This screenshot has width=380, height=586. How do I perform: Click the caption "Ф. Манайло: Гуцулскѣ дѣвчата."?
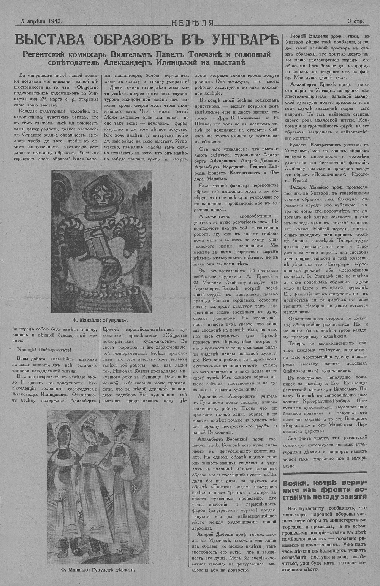[x=98, y=570]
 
